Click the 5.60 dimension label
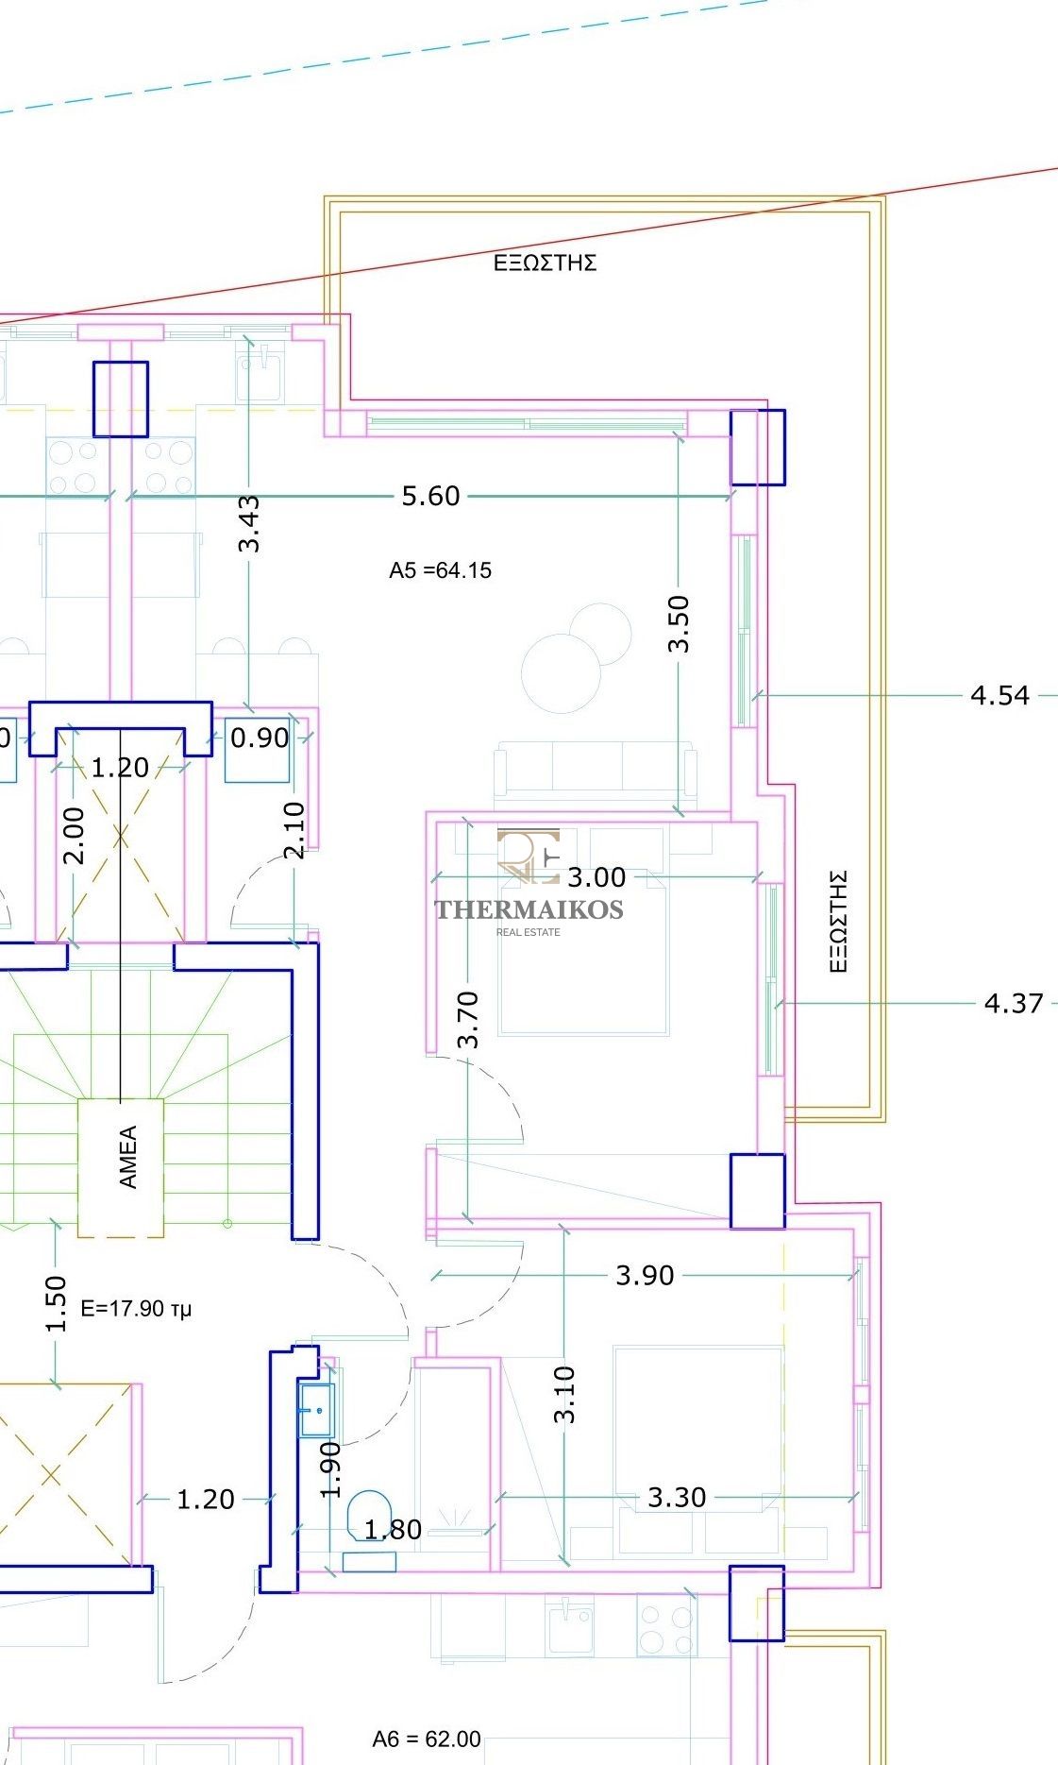pyautogui.click(x=430, y=496)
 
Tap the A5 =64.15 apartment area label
pyautogui.click(x=440, y=570)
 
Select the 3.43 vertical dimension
pyautogui.click(x=249, y=523)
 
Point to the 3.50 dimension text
pyautogui.click(x=679, y=624)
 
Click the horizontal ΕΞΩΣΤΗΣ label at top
pyautogui.click(x=546, y=263)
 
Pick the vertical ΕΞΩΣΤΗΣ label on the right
pyautogui.click(x=838, y=922)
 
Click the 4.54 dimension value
pyautogui.click(x=999, y=695)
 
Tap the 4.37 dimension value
pyautogui.click(x=1014, y=1003)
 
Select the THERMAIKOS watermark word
pyautogui.click(x=529, y=909)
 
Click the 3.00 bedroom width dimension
pyautogui.click(x=596, y=877)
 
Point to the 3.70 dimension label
pyautogui.click(x=468, y=1020)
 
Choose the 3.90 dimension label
pyautogui.click(x=646, y=1276)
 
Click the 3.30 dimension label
pyautogui.click(x=677, y=1497)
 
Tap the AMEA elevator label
pyautogui.click(x=128, y=1156)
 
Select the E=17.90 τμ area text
pyautogui.click(x=137, y=1309)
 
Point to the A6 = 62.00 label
pyautogui.click(x=427, y=1739)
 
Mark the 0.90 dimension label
pyautogui.click(x=260, y=738)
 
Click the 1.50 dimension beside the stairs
pyautogui.click(x=57, y=1303)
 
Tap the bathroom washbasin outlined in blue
pyautogui.click(x=316, y=1410)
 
